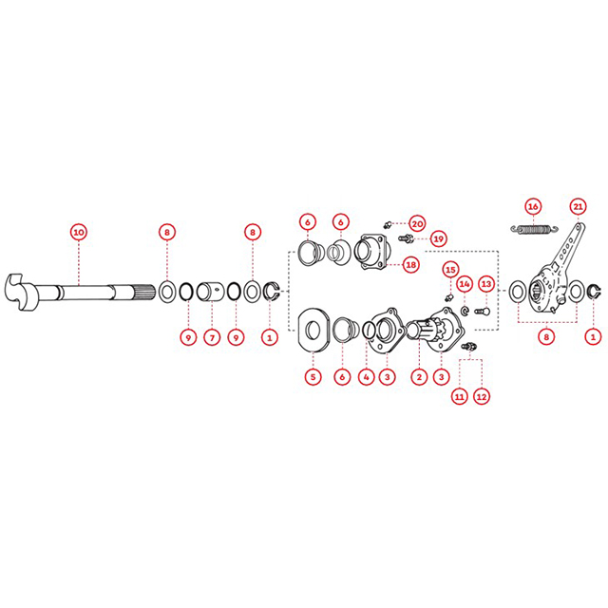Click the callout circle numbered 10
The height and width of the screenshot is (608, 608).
79,232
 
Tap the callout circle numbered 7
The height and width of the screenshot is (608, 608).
212,338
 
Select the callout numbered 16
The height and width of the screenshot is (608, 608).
533,206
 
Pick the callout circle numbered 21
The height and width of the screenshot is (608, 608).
578,206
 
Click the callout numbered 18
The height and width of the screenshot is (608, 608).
410,265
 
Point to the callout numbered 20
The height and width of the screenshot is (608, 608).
417,224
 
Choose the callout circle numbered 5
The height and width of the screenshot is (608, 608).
313,377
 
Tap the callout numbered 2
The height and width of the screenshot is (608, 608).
419,377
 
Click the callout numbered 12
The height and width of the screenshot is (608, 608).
482,397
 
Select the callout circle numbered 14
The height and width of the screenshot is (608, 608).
465,284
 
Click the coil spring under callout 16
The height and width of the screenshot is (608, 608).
535,230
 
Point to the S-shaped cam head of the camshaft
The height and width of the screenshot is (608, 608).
19,293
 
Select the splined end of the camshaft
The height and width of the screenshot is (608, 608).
146,292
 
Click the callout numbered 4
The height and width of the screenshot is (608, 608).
366,377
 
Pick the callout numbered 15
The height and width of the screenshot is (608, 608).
450,270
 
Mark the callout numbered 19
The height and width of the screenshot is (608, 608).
438,238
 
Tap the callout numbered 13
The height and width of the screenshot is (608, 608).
485,284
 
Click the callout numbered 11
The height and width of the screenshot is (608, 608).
460,397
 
